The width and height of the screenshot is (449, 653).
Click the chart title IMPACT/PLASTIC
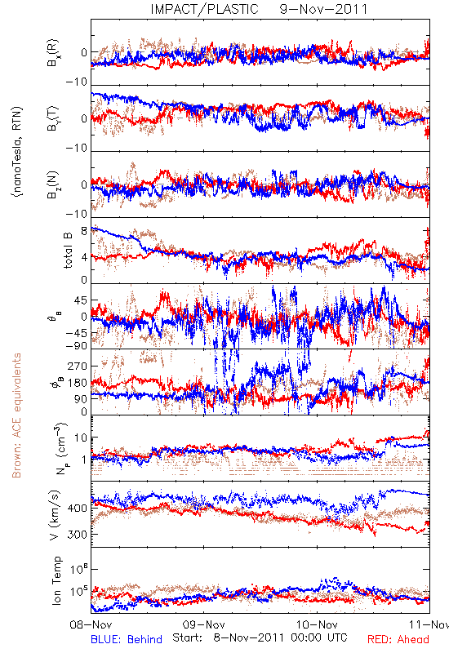coord(205,9)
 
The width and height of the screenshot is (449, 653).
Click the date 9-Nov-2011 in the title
coord(323,9)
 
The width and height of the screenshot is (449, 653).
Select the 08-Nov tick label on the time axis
coord(91,624)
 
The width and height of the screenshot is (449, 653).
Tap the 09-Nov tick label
coord(204,624)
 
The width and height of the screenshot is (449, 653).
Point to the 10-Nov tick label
coord(317,624)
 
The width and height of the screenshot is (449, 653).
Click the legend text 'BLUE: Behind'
coord(127,639)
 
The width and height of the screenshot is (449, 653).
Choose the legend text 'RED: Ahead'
coord(398,639)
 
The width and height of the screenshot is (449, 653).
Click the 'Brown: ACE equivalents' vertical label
coord(16,415)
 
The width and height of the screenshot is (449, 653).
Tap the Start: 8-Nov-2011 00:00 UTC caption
coord(260,637)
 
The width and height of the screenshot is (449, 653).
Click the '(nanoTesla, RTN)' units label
coord(17,152)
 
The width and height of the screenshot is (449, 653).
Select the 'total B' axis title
coord(68,251)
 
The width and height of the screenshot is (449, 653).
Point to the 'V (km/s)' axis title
coord(55,515)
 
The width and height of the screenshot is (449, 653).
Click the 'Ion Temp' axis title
coord(56,580)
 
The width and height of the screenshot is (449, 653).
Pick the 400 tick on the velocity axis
coord(77,509)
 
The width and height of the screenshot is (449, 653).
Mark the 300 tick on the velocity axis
coord(77,535)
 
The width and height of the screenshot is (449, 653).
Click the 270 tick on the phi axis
coord(78,366)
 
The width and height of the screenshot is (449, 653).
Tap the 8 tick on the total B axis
coord(84,231)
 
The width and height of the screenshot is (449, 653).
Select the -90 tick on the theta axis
coord(77,345)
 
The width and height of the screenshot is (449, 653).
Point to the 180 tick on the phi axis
coord(78,383)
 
